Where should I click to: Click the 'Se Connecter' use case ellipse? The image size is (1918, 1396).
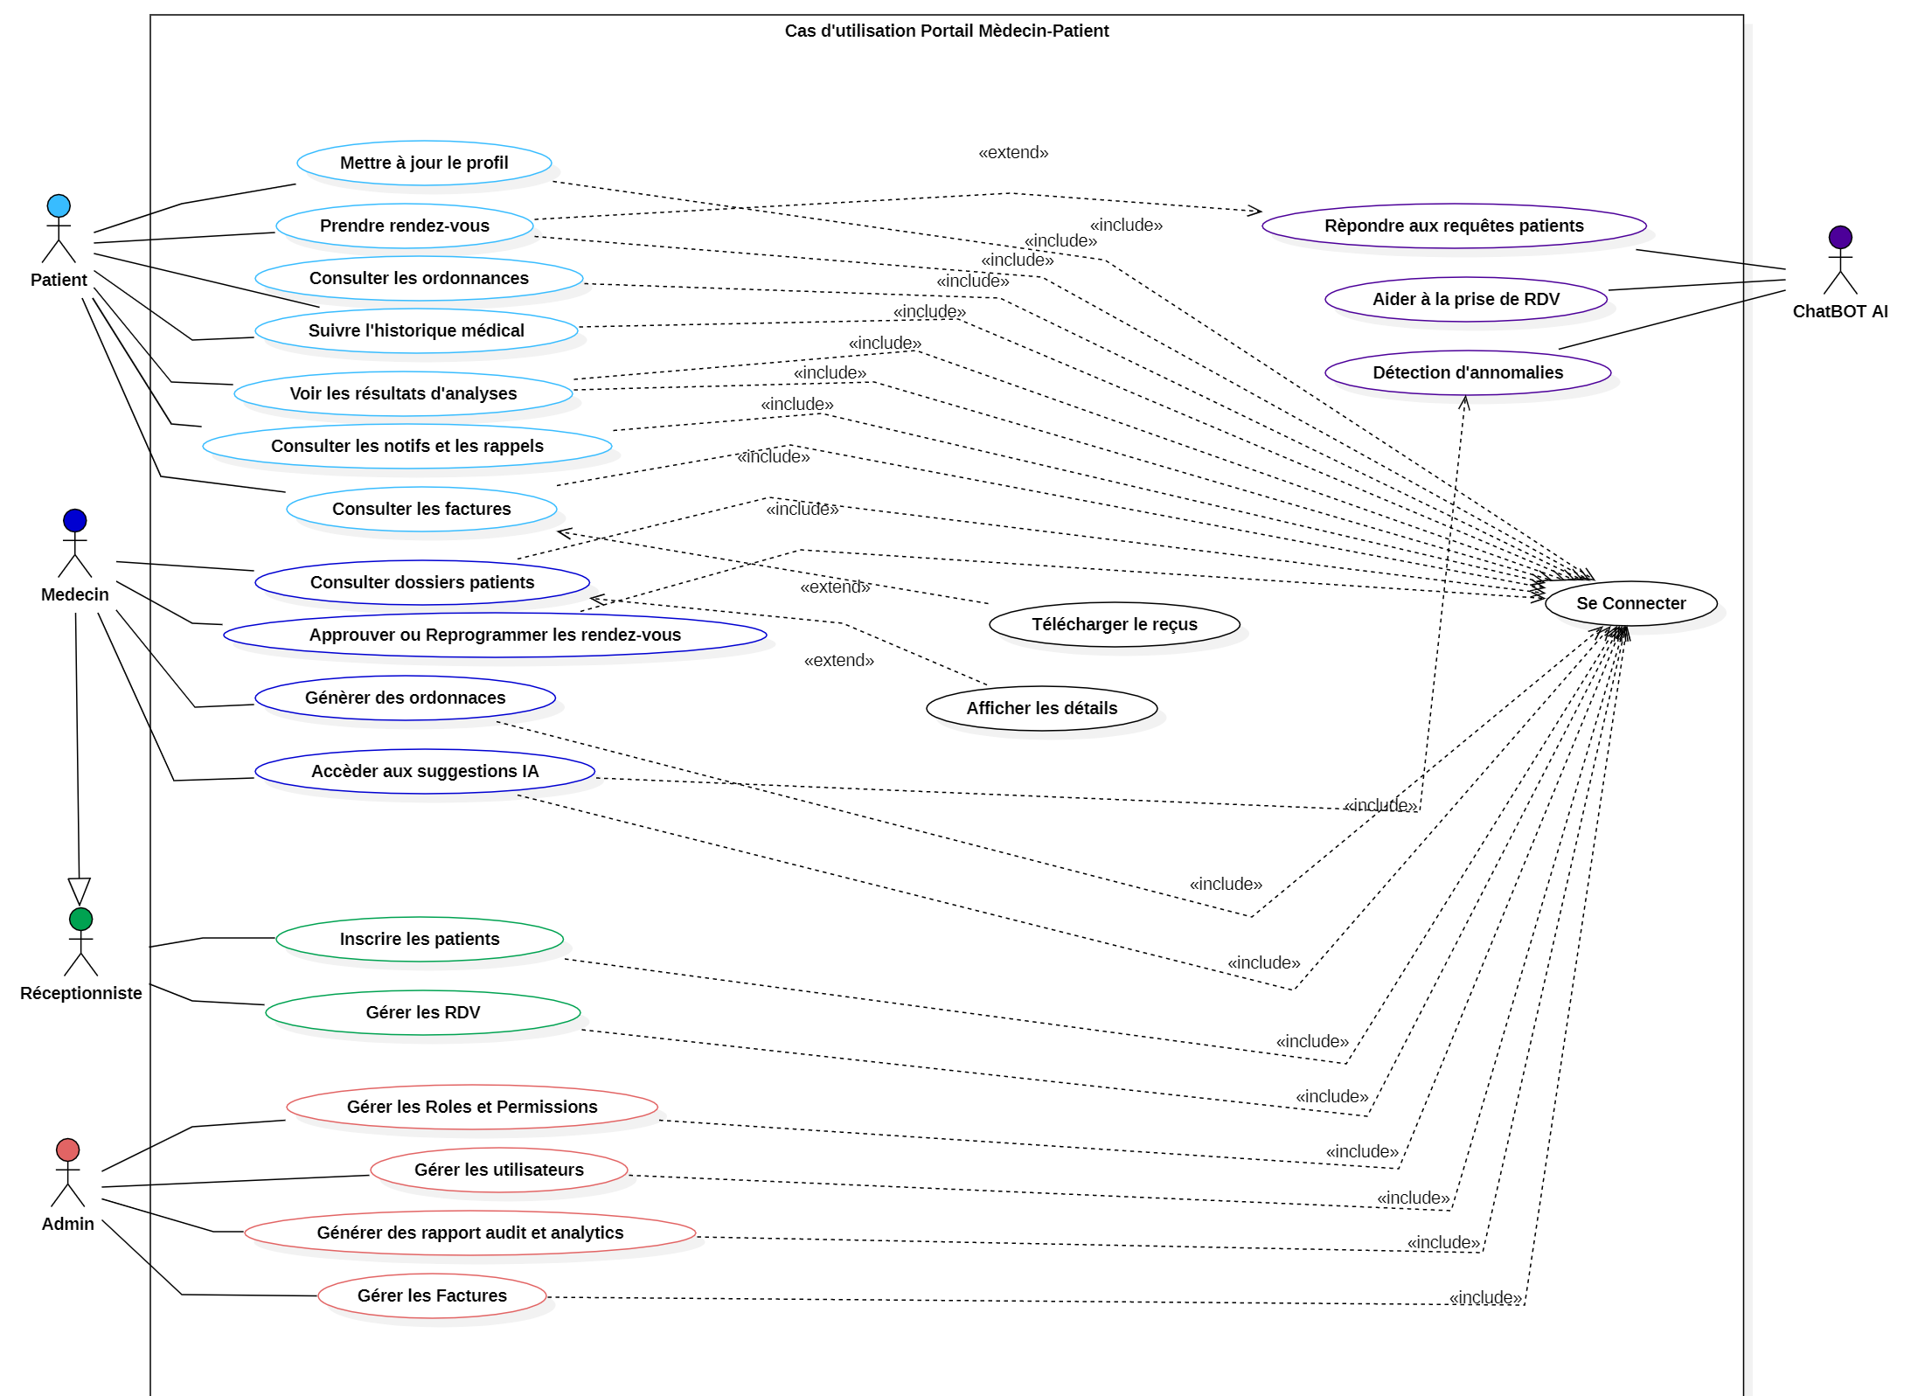(x=1630, y=603)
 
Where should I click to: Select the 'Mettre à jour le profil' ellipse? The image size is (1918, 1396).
(x=424, y=163)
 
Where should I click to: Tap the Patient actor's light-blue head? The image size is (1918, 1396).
(x=59, y=206)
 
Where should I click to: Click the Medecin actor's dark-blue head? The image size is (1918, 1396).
(x=75, y=521)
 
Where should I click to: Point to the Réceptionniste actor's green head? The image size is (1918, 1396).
(x=80, y=920)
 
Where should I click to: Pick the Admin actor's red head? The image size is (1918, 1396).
(x=67, y=1149)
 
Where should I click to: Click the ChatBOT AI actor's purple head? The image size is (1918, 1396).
(x=1839, y=238)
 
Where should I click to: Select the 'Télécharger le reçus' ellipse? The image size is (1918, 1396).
(x=1114, y=624)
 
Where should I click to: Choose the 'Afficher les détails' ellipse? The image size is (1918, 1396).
(x=1041, y=708)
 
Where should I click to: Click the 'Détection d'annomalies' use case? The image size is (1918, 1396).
(x=1467, y=372)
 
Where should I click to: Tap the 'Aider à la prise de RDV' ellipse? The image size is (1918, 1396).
(x=1465, y=299)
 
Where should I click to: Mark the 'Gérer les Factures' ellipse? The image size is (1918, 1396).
(x=432, y=1295)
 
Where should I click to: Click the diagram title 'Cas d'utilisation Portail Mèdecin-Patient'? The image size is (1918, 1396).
(x=946, y=31)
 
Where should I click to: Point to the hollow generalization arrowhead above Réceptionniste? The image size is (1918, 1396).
(x=80, y=891)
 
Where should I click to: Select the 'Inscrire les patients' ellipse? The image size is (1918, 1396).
(x=420, y=939)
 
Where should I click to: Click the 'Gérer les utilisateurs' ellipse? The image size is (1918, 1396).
(x=498, y=1170)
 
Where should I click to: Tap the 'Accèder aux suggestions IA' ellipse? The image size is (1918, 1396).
(x=425, y=771)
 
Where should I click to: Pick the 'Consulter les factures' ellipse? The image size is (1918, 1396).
(x=421, y=509)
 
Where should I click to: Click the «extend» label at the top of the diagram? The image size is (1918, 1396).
(x=1013, y=153)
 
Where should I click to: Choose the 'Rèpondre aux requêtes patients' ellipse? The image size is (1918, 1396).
(x=1453, y=226)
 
